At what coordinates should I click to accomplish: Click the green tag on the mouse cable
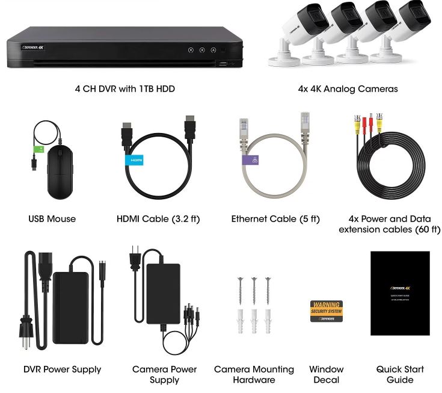coord(39,149)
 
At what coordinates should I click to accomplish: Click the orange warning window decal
coord(326,311)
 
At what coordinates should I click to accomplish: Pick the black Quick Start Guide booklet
coord(399,293)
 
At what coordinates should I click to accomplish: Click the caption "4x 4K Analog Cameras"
coord(348,88)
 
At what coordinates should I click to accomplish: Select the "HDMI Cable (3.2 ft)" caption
coord(159,219)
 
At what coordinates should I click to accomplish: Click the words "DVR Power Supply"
coord(62,369)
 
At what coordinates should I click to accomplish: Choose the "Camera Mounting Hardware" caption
coord(254,374)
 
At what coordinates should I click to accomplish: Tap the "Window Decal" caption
coord(327,374)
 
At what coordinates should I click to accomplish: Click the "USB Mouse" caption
coord(52,219)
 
